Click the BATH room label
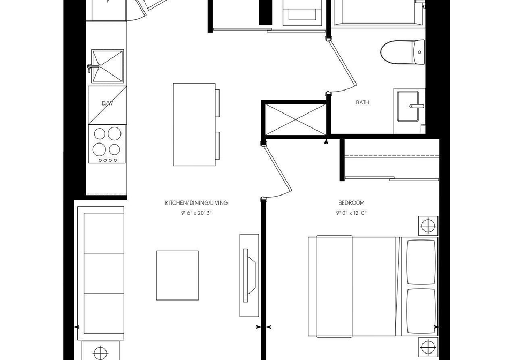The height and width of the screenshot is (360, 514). pyautogui.click(x=362, y=102)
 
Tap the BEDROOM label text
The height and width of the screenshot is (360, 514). pyautogui.click(x=351, y=203)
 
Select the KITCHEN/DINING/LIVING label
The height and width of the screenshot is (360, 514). pyautogui.click(x=196, y=203)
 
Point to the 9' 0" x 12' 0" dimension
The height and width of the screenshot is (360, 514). pyautogui.click(x=351, y=213)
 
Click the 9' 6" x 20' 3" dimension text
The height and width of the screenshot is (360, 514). pyautogui.click(x=196, y=213)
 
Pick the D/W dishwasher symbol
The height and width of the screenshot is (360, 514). pyautogui.click(x=107, y=105)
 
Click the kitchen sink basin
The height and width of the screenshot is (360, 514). pyautogui.click(x=107, y=66)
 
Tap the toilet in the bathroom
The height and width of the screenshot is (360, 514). pyautogui.click(x=403, y=52)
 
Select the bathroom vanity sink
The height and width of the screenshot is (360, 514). pyautogui.click(x=408, y=106)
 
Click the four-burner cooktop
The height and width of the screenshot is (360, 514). pyautogui.click(x=107, y=144)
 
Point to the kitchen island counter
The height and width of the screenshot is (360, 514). pyautogui.click(x=194, y=125)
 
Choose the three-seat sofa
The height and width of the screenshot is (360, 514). pyautogui.click(x=101, y=273)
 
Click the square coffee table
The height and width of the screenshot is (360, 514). pyautogui.click(x=177, y=275)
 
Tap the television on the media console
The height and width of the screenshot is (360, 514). pyautogui.click(x=249, y=275)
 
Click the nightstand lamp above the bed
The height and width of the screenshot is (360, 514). pyautogui.click(x=428, y=226)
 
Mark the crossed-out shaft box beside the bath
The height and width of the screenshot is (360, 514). pyautogui.click(x=296, y=119)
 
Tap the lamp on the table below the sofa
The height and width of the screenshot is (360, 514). pyautogui.click(x=101, y=354)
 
